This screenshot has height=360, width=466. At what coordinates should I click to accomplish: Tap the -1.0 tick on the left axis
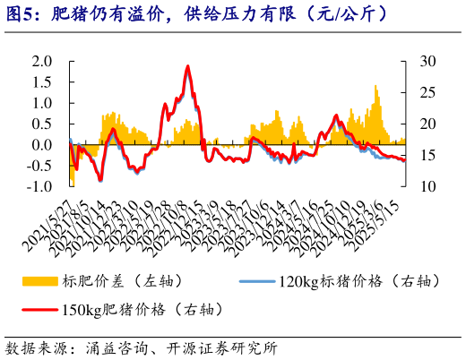coord(39,186)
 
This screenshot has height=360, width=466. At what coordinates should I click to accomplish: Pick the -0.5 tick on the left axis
coord(39,166)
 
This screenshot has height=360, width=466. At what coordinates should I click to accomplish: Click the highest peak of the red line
coord(187,66)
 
